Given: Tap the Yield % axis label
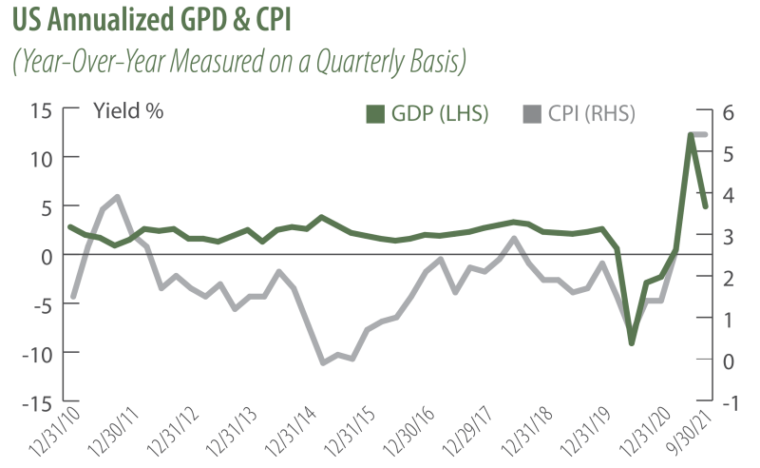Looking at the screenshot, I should coord(128,110).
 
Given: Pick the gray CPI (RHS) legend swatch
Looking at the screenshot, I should coord(532,115).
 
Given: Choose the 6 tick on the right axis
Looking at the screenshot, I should coord(729,109).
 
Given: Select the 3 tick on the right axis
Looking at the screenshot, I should coord(729,235).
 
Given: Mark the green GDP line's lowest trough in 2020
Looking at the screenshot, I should coord(631,342).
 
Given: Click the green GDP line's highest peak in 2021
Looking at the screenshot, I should coord(693,135).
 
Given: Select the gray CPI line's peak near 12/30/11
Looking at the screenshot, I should coord(117,197).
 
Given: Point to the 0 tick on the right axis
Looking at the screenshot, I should coord(729,361).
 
